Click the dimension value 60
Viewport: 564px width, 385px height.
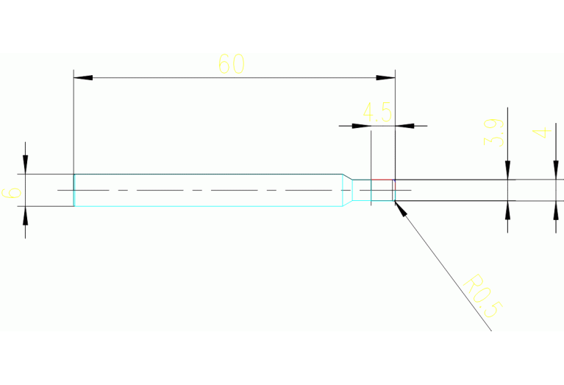coord(231,64)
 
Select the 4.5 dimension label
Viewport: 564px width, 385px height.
coord(377,113)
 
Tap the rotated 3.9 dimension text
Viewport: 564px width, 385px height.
coord(493,133)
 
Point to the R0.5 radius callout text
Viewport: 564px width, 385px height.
coord(482,296)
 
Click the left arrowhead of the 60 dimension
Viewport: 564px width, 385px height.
coord(83,77)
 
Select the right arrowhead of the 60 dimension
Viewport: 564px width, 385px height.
coord(386,77)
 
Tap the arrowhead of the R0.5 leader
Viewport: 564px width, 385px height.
coord(401,208)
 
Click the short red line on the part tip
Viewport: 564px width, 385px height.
coord(382,180)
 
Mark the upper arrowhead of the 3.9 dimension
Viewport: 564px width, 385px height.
coord(507,170)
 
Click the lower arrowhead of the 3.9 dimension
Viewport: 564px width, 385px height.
coord(507,210)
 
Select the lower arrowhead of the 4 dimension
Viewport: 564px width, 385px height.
coord(555,211)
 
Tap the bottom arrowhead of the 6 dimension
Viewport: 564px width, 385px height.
coord(26,216)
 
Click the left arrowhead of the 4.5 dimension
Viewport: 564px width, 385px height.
coord(361,126)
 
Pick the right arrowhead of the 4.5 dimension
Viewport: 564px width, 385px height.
coord(405,126)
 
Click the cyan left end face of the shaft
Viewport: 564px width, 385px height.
coord(74,190)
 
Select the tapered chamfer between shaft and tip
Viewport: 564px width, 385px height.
coord(346,190)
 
